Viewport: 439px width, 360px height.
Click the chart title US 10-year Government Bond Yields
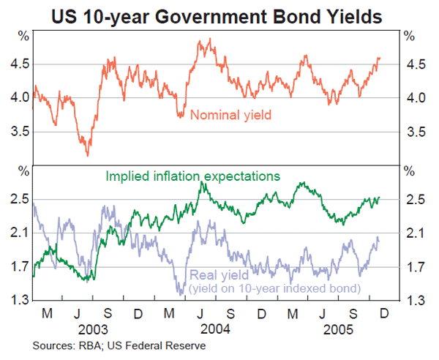pos(219,12)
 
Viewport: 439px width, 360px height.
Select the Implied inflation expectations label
pos(193,176)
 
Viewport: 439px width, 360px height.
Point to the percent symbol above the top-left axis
pos(25,35)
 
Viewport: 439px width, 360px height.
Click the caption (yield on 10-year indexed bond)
pos(275,288)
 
